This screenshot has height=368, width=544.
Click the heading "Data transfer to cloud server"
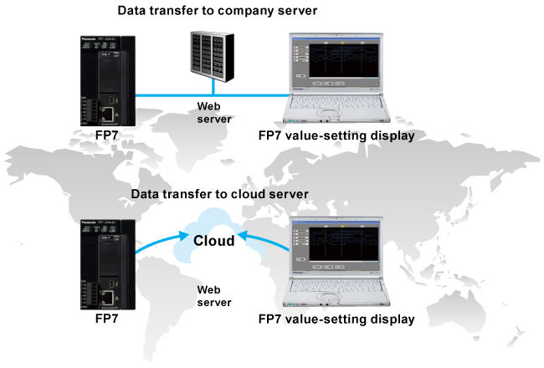coord(220,194)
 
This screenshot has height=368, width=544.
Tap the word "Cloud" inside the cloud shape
coord(213,242)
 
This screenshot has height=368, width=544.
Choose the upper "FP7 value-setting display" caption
coord(336,135)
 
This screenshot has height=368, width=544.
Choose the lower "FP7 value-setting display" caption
coord(336,319)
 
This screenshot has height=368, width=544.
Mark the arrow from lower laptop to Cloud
coord(266,243)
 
